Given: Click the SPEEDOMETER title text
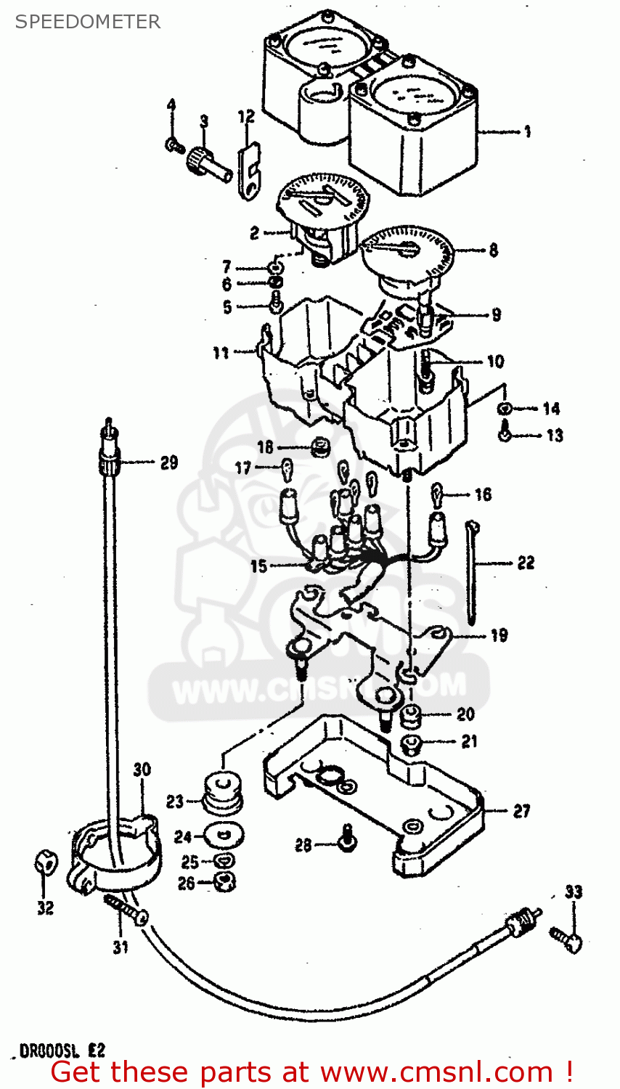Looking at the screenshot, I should (x=87, y=22).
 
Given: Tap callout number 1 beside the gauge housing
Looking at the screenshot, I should (x=528, y=131).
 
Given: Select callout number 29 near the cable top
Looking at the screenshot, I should (x=168, y=462).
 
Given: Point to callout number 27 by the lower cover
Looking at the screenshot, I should (x=522, y=811).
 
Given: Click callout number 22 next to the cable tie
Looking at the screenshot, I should (x=526, y=562).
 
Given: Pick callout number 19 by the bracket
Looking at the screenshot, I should (x=499, y=635).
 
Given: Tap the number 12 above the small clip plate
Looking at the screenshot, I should (x=246, y=116).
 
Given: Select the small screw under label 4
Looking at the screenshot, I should (x=173, y=145).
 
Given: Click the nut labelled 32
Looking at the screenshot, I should (x=44, y=864).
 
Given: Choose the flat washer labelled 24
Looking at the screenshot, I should (x=224, y=835).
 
